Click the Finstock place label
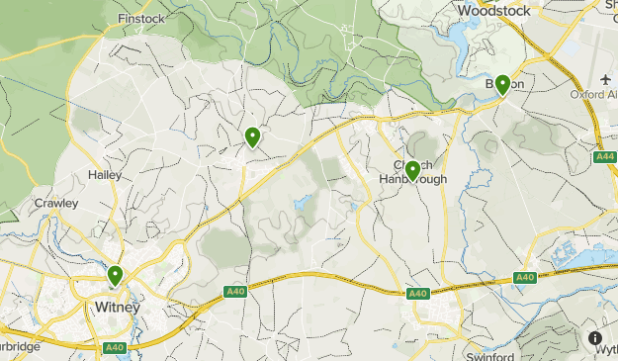(x=141, y=19)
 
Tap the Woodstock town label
(x=494, y=10)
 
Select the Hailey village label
(x=104, y=174)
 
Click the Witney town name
(x=118, y=307)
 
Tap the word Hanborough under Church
(x=413, y=179)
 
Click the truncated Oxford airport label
(x=593, y=95)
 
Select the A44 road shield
(x=605, y=157)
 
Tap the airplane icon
(x=605, y=78)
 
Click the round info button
(x=596, y=338)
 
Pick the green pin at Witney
(x=116, y=276)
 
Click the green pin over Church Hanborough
(x=412, y=170)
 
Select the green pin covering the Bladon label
(x=502, y=85)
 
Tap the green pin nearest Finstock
(x=253, y=137)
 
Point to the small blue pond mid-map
(x=301, y=206)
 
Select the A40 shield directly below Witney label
(x=115, y=347)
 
